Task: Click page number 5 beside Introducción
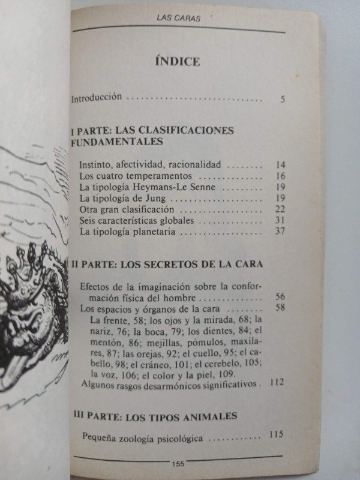click(x=281, y=98)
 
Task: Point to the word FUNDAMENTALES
click(x=117, y=142)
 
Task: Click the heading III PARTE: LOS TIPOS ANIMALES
click(x=155, y=415)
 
